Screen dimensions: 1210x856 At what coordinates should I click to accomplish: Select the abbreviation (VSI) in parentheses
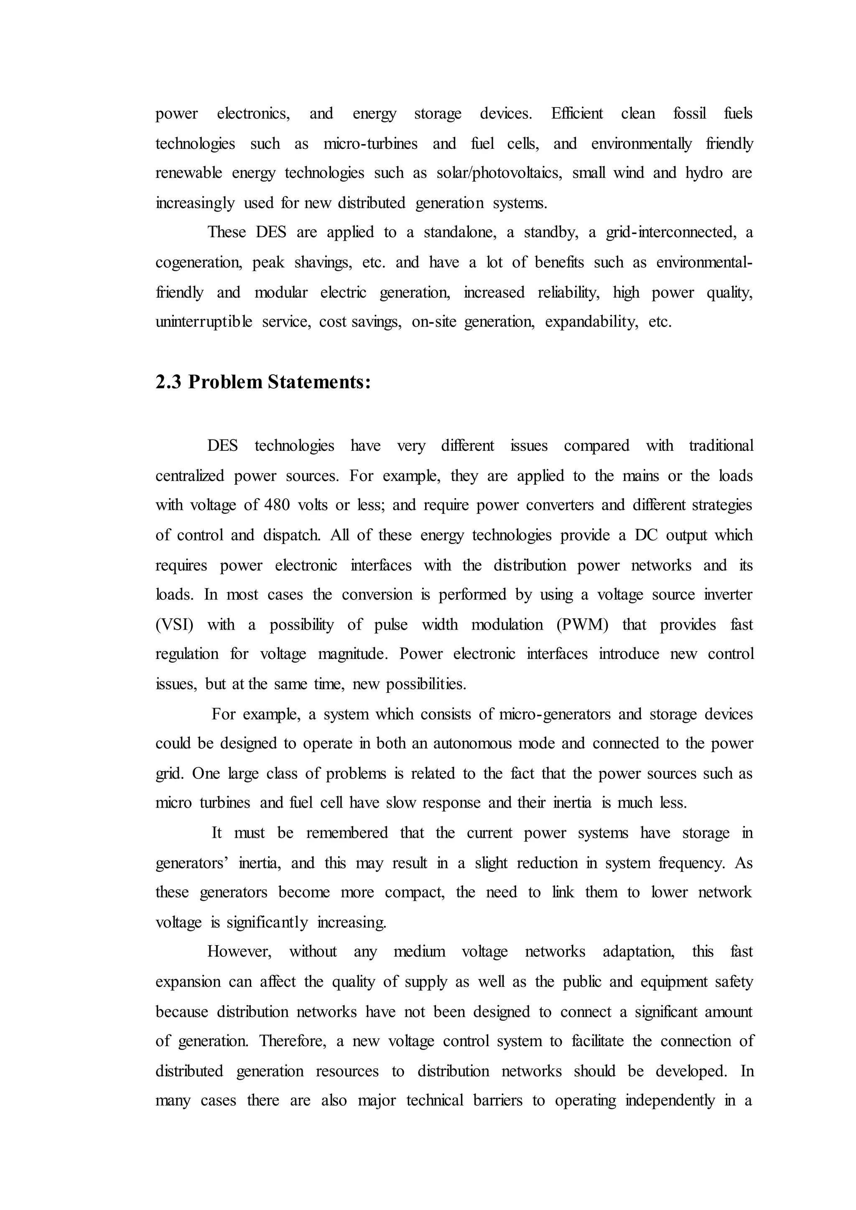174,625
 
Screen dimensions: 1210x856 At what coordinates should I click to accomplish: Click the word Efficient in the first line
577,114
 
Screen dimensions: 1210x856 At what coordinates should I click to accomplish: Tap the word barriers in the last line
497,1101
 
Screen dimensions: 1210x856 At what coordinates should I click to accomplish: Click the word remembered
347,833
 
